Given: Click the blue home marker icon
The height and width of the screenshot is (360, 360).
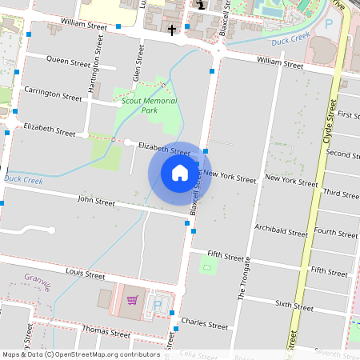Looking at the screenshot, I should coord(180,174).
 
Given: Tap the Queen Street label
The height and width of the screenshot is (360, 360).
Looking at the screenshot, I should coord(69,60).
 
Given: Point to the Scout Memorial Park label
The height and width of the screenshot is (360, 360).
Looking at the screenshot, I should coord(150,105).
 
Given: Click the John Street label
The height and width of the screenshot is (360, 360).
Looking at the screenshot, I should coord(97,201).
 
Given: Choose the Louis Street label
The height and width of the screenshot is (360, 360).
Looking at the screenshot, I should coord(86,274).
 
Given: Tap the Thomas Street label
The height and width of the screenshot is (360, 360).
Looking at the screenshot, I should coord(106,331).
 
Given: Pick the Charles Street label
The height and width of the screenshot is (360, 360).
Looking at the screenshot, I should coord(205,325).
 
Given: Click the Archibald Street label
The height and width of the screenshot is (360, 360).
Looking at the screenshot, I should coord(281,232).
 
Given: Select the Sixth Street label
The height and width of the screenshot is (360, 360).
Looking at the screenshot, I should coord(294,306).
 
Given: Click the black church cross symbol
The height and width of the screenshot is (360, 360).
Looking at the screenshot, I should coord(172,30).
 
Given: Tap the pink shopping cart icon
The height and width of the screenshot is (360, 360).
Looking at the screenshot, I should coord(133,301).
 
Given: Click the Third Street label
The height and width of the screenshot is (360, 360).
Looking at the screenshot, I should coord(341,193).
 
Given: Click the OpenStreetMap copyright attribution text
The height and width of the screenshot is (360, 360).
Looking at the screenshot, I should coord(80,354).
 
